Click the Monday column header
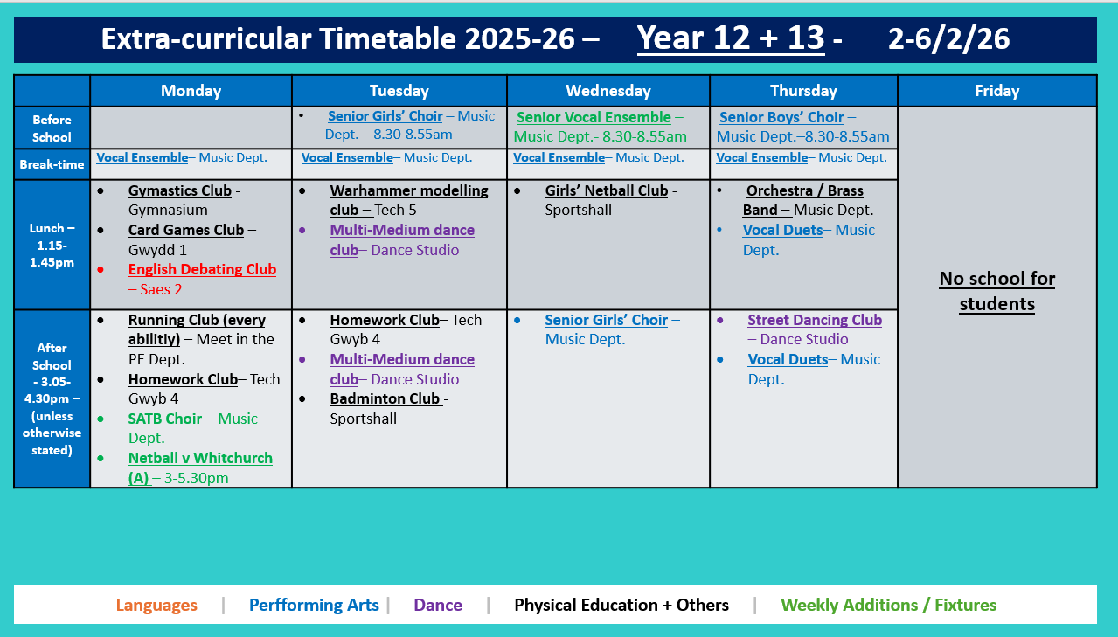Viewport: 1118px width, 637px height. point(191,91)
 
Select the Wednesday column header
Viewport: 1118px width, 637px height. point(608,91)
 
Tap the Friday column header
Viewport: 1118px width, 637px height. point(996,91)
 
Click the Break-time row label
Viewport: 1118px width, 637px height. point(52,164)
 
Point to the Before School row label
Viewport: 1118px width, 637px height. point(52,128)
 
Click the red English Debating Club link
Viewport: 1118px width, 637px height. point(202,269)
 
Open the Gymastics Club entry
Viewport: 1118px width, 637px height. point(179,190)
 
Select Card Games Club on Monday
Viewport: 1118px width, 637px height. point(185,230)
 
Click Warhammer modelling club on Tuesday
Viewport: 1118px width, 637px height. point(408,191)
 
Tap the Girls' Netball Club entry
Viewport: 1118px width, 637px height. point(606,190)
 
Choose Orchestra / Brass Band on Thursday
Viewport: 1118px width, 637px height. point(803,191)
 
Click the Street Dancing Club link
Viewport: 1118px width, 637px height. point(815,320)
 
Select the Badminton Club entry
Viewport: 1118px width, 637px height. point(385,398)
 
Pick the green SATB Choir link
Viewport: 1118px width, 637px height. point(164,419)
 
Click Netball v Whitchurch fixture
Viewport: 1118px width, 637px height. point(200,458)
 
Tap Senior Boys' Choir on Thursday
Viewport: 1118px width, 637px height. point(781,117)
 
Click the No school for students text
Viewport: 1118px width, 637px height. point(996,291)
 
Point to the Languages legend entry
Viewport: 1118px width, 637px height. point(156,605)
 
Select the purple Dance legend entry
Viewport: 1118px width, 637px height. point(438,605)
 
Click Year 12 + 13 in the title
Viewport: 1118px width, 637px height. point(730,38)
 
